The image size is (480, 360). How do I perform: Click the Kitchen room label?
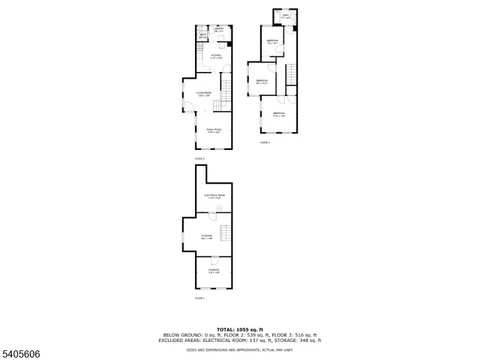tap(215, 55)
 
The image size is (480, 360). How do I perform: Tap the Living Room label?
tap(204, 94)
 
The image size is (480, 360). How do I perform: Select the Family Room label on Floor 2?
tap(214, 130)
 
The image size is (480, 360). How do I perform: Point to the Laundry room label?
tap(218, 30)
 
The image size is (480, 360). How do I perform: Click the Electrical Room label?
tap(214, 196)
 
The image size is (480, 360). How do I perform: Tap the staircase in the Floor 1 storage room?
tap(222, 232)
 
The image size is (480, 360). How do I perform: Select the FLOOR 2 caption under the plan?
tap(199, 158)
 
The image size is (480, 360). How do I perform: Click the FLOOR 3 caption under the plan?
tap(265, 142)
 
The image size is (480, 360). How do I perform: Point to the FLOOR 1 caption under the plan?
tap(199, 298)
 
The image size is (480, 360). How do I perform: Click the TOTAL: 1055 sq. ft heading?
tap(239, 328)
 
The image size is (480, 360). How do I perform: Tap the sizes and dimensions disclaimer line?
tap(239, 349)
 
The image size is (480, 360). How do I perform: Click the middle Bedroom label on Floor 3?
tap(262, 81)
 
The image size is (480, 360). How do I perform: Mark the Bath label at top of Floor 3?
tap(286, 15)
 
